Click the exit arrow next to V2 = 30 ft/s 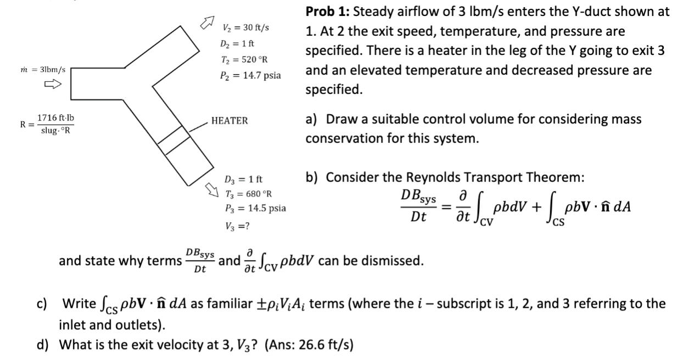click(205, 23)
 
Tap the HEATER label click(229, 121)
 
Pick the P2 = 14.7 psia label click(250, 75)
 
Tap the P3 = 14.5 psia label click(255, 209)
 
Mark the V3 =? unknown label click(238, 225)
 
